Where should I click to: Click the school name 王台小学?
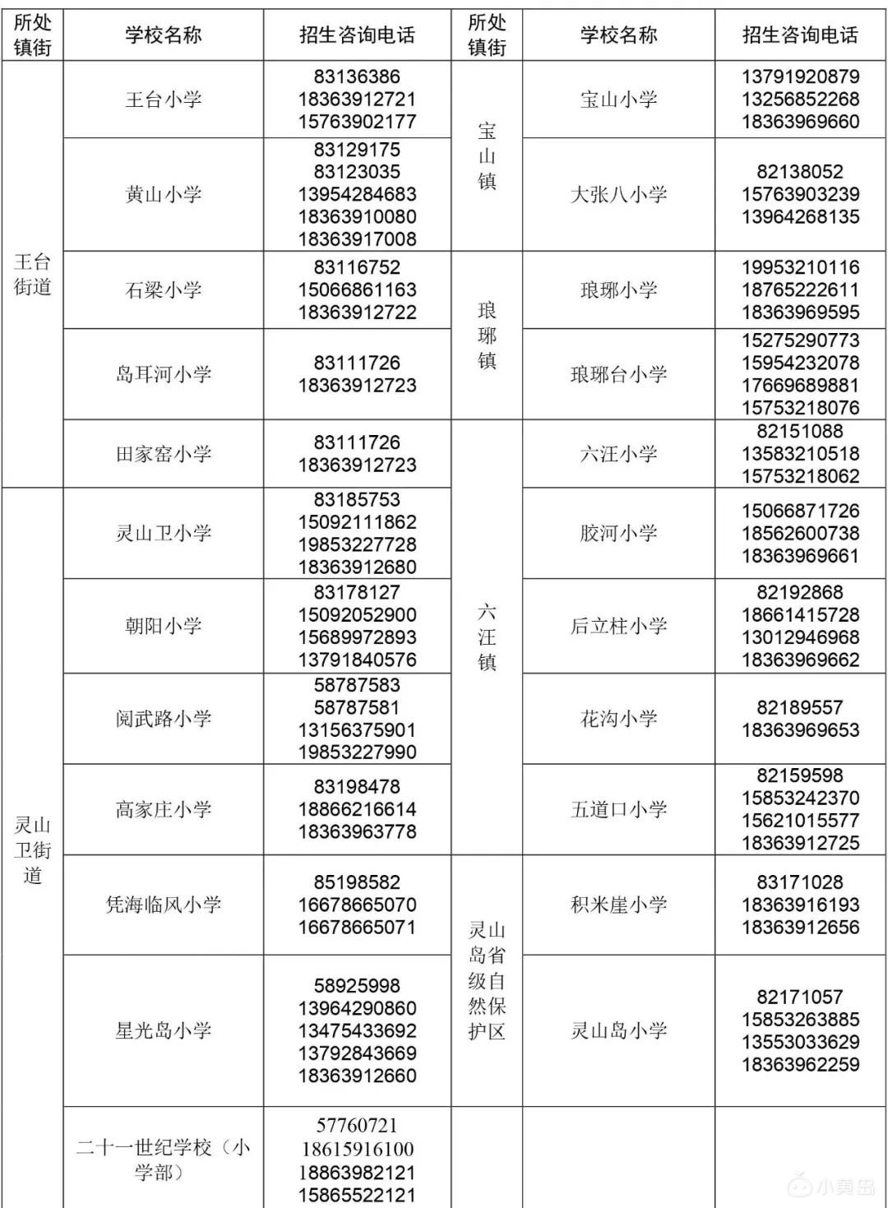point(163,100)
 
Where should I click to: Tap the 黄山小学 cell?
point(163,194)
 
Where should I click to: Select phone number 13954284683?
point(357,194)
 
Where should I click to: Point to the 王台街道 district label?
point(33,274)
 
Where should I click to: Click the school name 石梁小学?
point(163,289)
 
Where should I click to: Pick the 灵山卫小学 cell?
point(163,533)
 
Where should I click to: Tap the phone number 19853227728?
point(357,544)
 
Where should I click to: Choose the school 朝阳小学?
point(163,626)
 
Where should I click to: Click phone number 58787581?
point(357,707)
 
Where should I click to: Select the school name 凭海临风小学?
point(163,905)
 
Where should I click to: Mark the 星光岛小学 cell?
point(163,1030)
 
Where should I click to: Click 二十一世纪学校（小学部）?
point(163,1159)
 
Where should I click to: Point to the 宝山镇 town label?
point(487,155)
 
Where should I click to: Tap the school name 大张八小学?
point(618,194)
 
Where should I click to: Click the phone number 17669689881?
point(800,385)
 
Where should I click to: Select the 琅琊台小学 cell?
point(618,374)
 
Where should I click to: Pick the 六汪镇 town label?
point(487,637)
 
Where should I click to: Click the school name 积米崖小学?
point(618,905)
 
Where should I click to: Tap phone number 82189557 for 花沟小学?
point(800,707)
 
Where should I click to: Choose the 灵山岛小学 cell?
point(618,1030)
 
